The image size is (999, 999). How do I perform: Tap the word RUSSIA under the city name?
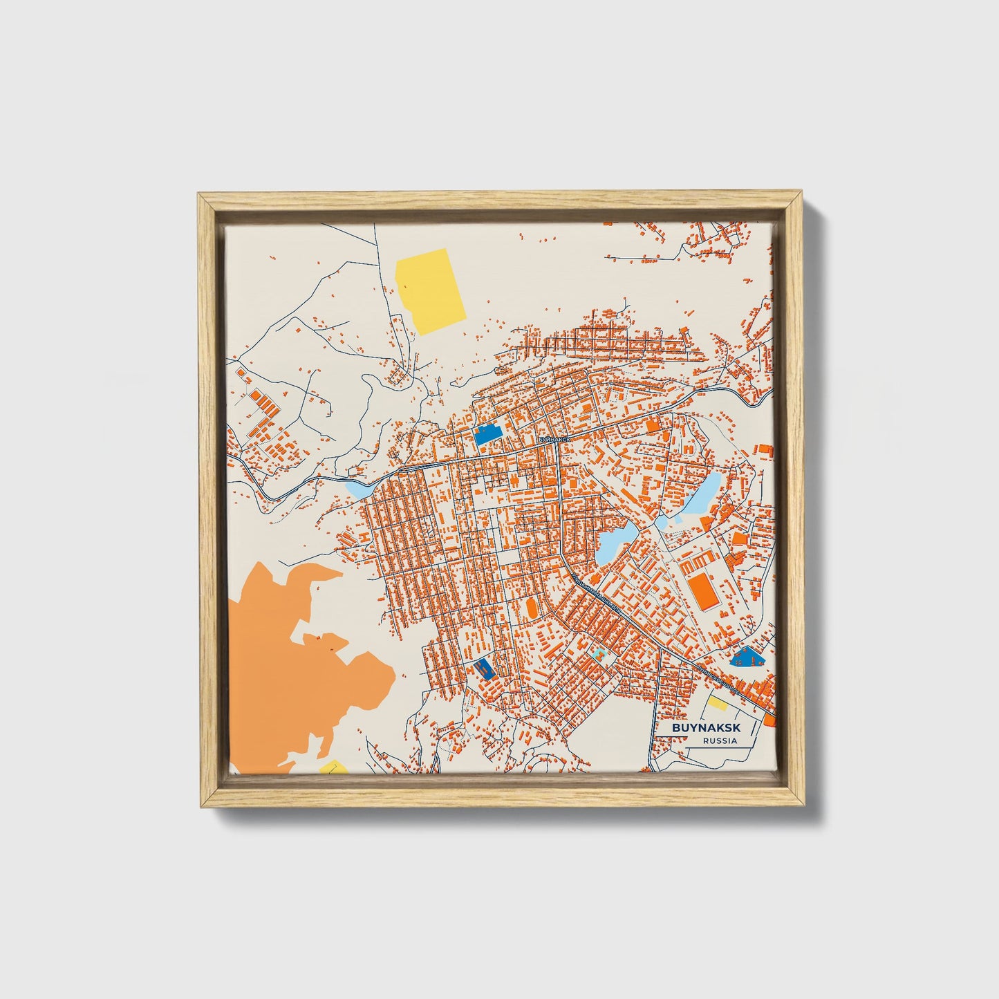(719, 741)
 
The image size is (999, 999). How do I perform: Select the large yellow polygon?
(429, 290)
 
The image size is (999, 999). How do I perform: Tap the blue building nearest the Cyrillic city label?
(487, 435)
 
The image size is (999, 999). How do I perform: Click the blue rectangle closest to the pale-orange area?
(483, 667)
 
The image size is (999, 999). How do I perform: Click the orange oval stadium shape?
(532, 608)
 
